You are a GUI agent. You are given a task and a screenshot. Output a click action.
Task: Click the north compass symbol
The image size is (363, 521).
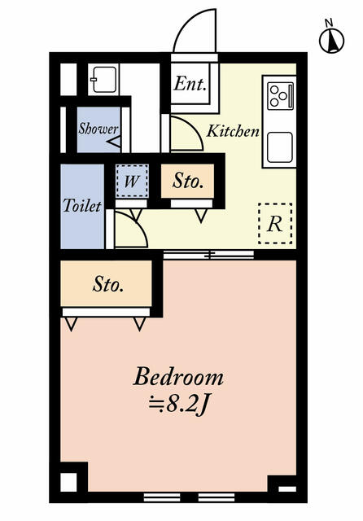(x=331, y=38)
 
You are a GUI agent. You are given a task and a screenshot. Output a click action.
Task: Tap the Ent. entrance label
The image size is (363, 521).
(x=190, y=84)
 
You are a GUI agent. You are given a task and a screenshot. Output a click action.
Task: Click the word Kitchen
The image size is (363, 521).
(x=233, y=131)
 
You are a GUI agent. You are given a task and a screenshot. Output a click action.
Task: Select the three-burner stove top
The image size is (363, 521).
(x=281, y=96)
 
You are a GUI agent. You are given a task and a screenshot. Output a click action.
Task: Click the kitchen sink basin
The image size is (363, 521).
(x=280, y=147)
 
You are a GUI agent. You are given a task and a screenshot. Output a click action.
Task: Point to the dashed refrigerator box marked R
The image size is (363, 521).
(x=275, y=224)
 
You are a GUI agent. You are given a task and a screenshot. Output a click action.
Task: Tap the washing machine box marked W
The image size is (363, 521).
(x=132, y=182)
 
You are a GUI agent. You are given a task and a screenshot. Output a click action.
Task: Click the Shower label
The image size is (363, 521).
(x=98, y=129)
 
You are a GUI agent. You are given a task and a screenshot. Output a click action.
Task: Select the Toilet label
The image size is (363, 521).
(x=82, y=206)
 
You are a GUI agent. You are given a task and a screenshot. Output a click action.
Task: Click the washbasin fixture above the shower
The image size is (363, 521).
(x=103, y=80)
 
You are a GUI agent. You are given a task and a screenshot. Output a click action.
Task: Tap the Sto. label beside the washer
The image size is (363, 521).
(x=188, y=182)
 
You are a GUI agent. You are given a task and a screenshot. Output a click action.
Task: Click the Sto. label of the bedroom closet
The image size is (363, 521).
(x=108, y=284)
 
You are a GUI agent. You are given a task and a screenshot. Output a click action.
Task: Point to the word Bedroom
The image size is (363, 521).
(x=178, y=377)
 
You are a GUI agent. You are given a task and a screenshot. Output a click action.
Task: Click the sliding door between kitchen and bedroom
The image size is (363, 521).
(x=208, y=255)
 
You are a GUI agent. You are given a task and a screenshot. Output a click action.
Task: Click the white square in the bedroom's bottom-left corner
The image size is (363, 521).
(x=68, y=482)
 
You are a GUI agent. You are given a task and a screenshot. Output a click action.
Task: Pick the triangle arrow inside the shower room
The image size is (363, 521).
(x=115, y=142)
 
